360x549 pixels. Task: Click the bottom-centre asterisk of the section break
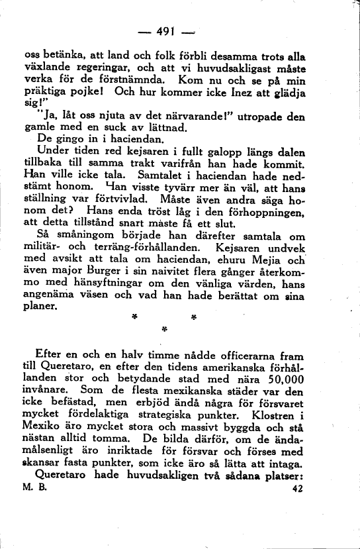click(x=163, y=328)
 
